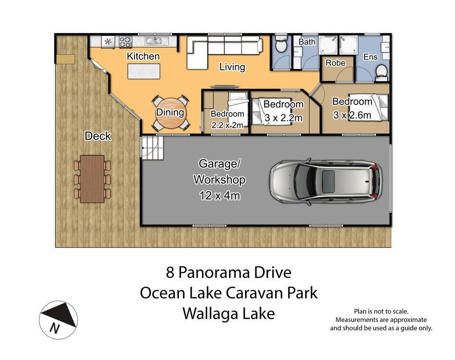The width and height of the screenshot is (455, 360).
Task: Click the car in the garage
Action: (x=326, y=181)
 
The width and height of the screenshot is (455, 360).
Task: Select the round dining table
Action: (x=171, y=113)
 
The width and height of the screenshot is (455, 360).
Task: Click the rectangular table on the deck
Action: (x=92, y=179)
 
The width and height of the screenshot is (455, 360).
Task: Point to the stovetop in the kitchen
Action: (x=126, y=42)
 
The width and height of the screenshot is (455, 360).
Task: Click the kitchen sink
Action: (x=154, y=41)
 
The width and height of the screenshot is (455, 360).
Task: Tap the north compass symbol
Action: (x=58, y=320)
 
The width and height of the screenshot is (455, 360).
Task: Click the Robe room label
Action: (x=336, y=63)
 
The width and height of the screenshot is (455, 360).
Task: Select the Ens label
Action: (x=371, y=57)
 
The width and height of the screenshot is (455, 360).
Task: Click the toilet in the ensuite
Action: (x=381, y=73)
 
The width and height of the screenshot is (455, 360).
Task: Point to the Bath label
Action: (x=307, y=42)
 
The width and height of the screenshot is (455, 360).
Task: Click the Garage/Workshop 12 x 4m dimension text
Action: (x=220, y=195)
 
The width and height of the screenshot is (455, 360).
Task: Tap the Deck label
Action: (x=98, y=136)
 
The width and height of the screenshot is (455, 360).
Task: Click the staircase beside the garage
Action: (x=152, y=148)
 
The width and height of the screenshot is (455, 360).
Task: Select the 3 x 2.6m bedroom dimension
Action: (x=352, y=115)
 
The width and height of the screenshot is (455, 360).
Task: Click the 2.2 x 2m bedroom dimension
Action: (x=227, y=125)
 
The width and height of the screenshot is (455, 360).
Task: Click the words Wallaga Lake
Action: (x=229, y=314)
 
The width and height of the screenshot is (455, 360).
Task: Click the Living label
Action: (x=232, y=67)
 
